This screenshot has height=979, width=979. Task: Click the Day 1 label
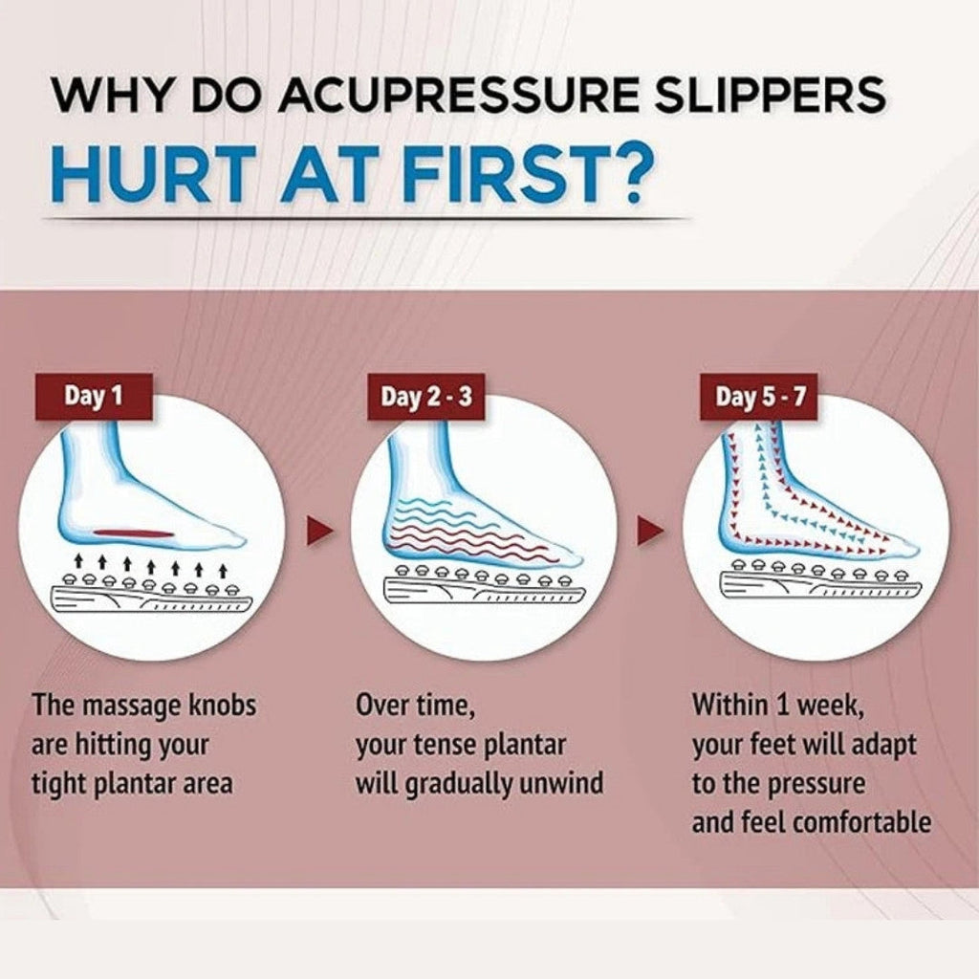94,396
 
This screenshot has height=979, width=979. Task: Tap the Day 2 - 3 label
426,397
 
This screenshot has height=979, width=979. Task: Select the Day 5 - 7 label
761,397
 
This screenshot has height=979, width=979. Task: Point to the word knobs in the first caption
221,707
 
